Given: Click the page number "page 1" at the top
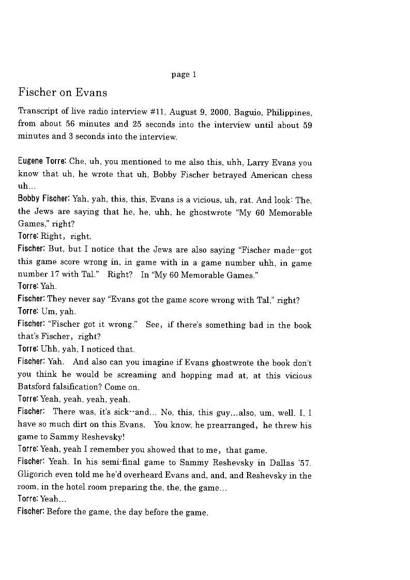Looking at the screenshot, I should click(184, 75).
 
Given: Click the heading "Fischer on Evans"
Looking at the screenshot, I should click(63, 93).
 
